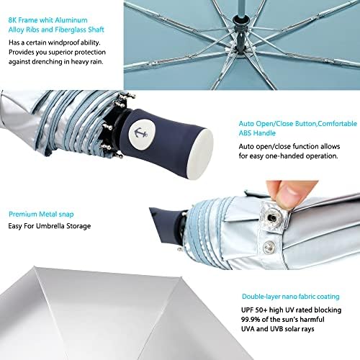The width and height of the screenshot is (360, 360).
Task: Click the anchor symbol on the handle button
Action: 141,133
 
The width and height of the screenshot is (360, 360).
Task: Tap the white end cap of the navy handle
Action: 200,154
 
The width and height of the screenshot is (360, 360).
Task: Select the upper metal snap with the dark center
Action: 271,217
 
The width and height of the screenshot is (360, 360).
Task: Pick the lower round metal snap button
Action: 269,247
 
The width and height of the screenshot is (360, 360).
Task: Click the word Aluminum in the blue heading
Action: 71,20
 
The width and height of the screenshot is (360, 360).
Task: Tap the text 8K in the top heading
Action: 12,20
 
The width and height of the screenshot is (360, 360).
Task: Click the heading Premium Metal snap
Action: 41,214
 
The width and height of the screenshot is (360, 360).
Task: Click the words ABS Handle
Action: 257,133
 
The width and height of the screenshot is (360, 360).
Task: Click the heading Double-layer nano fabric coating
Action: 291,297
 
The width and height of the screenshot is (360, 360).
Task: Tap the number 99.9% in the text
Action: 251,320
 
